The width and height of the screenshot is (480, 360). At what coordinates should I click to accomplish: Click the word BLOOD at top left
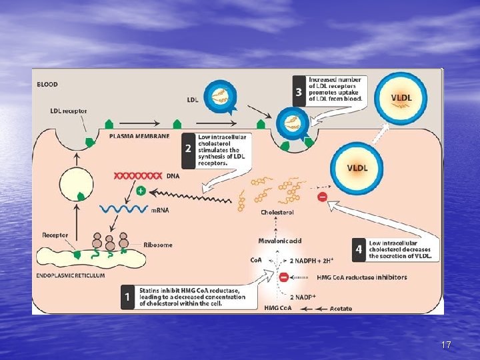47,85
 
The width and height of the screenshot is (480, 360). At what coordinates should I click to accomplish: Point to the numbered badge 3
299,91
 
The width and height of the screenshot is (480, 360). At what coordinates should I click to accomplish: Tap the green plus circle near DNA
141,191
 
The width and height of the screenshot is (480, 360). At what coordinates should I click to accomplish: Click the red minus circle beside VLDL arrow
322,198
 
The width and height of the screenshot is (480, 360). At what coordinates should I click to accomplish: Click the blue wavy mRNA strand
123,209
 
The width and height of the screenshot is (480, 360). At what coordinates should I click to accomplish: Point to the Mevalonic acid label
280,241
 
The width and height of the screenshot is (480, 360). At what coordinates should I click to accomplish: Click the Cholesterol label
277,212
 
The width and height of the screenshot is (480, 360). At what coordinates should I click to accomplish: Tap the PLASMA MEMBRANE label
139,135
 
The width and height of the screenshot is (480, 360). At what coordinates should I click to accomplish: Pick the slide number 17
446,345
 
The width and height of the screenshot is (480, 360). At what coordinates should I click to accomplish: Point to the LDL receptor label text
69,111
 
